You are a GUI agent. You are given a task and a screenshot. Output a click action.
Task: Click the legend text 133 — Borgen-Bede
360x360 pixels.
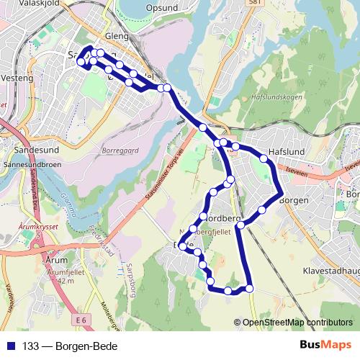pos(69,346)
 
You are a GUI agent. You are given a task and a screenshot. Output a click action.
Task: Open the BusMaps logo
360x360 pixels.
pos(325,345)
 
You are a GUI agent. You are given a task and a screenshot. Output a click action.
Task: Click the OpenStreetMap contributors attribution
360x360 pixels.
pos(297,322)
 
